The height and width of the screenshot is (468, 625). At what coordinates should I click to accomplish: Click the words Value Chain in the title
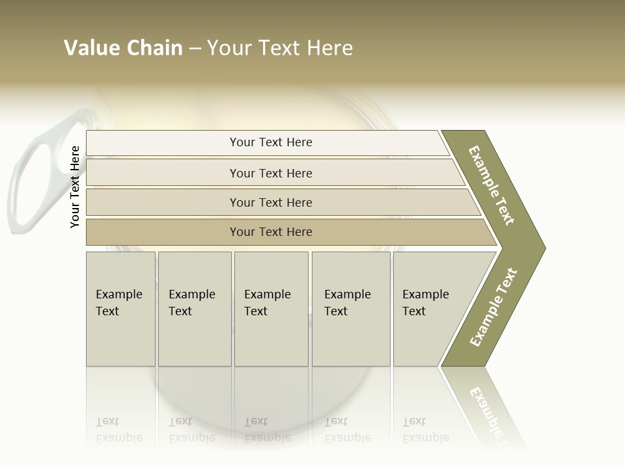(x=123, y=48)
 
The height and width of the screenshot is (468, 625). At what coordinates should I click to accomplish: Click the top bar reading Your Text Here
(x=270, y=142)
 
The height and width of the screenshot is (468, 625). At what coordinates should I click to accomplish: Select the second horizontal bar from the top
(x=270, y=173)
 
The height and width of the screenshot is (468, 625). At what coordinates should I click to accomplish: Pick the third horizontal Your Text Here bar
(x=270, y=202)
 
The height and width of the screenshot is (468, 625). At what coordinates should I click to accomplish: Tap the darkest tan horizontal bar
(x=270, y=232)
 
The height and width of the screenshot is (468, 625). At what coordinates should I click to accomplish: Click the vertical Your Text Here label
(x=76, y=187)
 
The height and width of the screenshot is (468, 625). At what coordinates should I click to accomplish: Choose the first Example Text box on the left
(x=120, y=308)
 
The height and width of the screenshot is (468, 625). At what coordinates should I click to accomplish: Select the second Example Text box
(x=194, y=308)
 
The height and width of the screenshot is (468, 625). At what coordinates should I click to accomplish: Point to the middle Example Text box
(x=271, y=308)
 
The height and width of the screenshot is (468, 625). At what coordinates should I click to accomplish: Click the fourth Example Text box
(x=351, y=308)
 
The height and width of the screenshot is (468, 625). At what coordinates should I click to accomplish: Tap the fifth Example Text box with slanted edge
(x=433, y=308)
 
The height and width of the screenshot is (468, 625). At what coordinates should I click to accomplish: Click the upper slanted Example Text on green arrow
(x=492, y=185)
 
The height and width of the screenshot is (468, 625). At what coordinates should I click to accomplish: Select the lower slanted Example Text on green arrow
(x=493, y=307)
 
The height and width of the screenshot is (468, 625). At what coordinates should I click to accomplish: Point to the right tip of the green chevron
(x=543, y=248)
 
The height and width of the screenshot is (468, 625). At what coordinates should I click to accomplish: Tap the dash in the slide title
(x=195, y=48)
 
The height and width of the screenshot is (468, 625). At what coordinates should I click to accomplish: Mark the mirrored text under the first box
(x=118, y=430)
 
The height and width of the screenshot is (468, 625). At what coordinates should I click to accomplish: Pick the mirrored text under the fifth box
(x=426, y=430)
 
